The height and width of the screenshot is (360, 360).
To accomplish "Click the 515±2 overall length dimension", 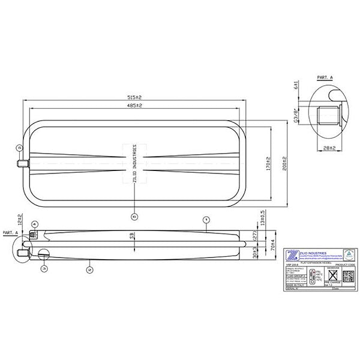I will [133, 97].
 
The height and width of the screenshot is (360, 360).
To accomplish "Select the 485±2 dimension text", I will [133, 106].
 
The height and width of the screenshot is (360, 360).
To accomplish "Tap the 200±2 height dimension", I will [284, 163].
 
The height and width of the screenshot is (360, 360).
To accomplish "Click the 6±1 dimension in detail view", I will [296, 85].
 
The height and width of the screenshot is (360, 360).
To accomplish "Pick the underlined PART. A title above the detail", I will [324, 77].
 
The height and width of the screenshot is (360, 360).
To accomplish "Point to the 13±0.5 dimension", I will [262, 218].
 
